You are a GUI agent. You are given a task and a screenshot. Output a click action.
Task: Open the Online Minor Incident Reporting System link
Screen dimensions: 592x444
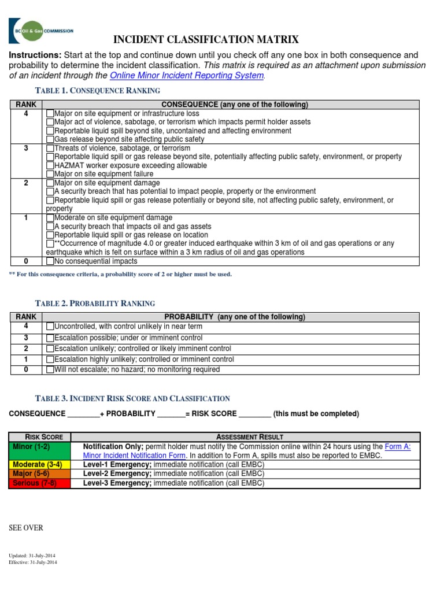point(187,76)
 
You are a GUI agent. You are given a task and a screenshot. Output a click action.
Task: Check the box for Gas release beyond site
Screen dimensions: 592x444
point(50,139)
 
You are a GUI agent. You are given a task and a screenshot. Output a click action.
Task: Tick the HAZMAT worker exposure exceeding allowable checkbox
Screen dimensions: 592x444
point(50,165)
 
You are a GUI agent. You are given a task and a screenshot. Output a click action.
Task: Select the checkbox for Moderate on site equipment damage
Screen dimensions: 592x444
point(50,218)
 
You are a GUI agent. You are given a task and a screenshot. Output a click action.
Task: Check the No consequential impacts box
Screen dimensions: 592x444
point(50,261)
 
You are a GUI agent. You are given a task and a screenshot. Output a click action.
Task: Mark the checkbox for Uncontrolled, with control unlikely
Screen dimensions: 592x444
point(50,327)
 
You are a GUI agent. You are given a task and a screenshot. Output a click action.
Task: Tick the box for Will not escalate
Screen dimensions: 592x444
point(50,370)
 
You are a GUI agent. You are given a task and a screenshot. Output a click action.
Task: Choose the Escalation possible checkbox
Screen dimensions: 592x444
point(50,338)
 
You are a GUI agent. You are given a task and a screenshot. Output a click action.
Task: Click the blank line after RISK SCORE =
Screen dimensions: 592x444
point(254,414)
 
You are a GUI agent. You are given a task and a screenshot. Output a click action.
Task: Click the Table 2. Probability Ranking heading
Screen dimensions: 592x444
point(95,304)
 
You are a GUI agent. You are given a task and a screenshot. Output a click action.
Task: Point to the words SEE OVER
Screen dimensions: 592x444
point(25,528)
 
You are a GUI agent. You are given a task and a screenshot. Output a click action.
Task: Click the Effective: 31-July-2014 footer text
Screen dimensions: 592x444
point(32,562)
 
